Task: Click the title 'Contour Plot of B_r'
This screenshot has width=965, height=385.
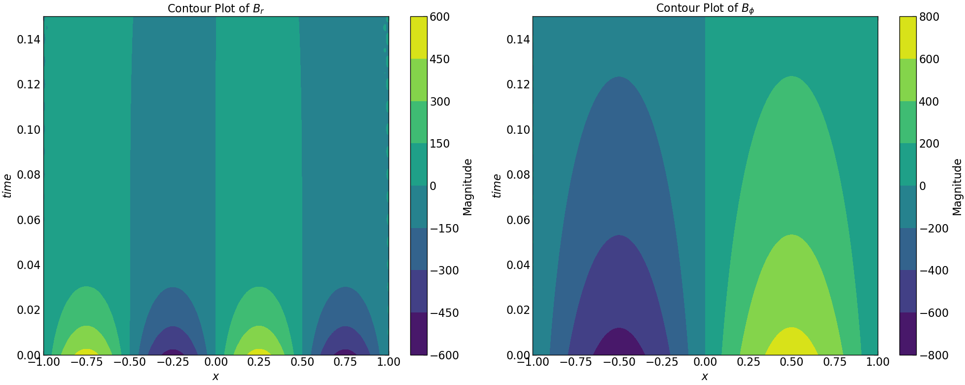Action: [215, 8]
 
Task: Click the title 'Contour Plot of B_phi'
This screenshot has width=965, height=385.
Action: [705, 8]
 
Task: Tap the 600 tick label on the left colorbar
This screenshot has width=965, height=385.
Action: [440, 17]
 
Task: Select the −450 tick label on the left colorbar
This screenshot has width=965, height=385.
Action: [444, 313]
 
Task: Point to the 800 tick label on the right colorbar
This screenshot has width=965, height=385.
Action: [929, 17]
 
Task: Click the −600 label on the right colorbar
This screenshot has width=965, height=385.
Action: [933, 313]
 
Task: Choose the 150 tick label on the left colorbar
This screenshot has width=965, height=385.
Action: [440, 144]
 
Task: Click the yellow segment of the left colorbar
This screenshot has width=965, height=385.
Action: [419, 38]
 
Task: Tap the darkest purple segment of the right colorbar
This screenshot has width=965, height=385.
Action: [908, 334]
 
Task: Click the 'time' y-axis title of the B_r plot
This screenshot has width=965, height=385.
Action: [7, 186]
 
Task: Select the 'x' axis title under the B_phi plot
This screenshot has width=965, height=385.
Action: [705, 377]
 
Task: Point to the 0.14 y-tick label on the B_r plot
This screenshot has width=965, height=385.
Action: [29, 39]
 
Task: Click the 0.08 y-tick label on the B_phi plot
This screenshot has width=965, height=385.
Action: [518, 175]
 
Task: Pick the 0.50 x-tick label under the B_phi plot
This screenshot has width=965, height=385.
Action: [792, 362]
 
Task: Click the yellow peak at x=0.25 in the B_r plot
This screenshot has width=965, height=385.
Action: [259, 352]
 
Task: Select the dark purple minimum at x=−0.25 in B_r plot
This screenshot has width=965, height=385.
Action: [173, 352]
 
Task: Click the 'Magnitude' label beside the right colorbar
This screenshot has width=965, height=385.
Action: [957, 187]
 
